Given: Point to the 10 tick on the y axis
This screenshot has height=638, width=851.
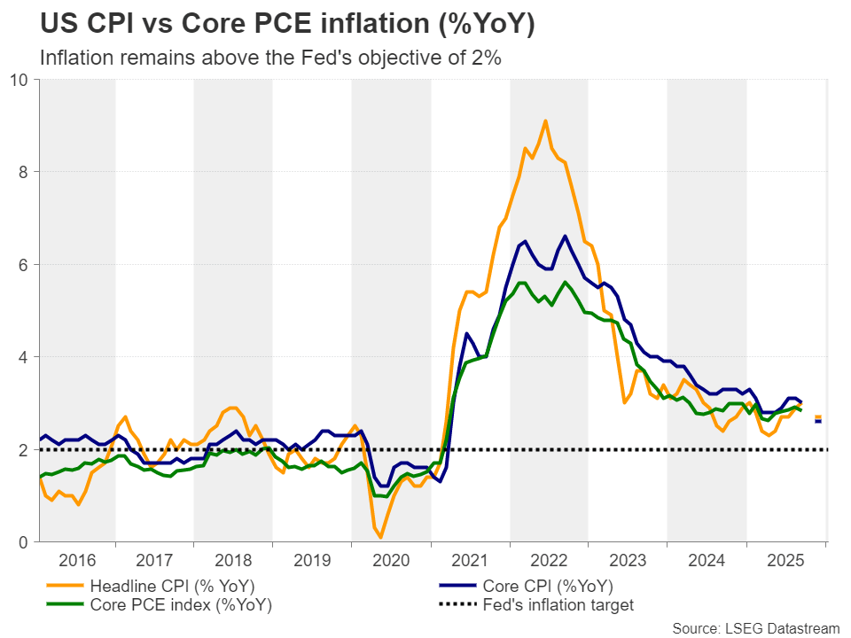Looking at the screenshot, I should (18, 80).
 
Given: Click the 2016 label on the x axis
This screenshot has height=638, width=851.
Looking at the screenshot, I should (76, 561).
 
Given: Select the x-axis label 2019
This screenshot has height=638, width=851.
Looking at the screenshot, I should (312, 561).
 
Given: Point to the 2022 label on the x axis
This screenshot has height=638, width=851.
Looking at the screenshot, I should (549, 561).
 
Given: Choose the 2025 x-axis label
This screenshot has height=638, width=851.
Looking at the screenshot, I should (785, 561).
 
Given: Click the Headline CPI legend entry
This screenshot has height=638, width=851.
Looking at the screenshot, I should (164, 586).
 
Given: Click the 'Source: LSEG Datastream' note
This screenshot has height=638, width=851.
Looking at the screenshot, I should (755, 628).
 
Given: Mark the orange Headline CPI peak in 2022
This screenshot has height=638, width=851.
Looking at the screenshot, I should (545, 121).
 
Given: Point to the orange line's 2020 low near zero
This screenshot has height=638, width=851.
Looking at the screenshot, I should (380, 537).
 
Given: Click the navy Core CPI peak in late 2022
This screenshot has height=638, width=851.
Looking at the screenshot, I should (565, 237).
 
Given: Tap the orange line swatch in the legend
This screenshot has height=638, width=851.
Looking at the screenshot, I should (63, 586).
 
